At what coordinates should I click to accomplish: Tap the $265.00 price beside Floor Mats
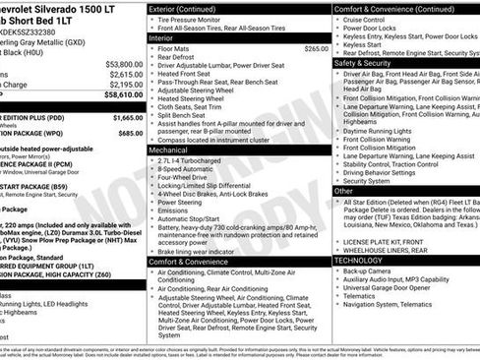(316, 48)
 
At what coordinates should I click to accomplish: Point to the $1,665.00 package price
(125, 116)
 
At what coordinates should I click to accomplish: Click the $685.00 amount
(127, 130)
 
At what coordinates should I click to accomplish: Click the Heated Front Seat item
(190, 74)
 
